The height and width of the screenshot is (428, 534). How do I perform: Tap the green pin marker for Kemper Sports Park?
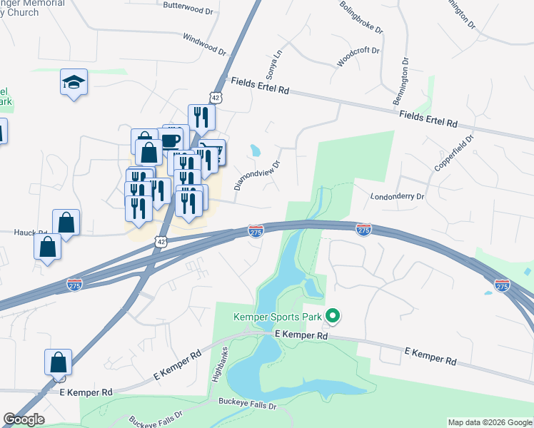point(332,315)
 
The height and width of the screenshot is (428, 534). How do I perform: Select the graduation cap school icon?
point(74,83)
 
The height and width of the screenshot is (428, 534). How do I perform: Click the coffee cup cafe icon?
point(172,139)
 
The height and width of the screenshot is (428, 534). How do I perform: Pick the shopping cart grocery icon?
point(213,151)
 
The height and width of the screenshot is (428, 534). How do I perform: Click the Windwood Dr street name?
point(204,44)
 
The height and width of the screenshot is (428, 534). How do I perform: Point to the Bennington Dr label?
point(402,86)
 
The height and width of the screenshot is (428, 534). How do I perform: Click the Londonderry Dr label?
point(397,196)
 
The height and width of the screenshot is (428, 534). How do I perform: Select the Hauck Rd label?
point(30,233)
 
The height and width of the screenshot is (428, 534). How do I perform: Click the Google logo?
point(24,419)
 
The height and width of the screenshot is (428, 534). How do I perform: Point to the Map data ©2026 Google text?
point(489,422)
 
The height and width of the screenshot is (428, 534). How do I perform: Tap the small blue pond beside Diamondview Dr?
point(255,151)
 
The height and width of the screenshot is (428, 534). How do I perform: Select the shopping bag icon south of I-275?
point(58,362)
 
